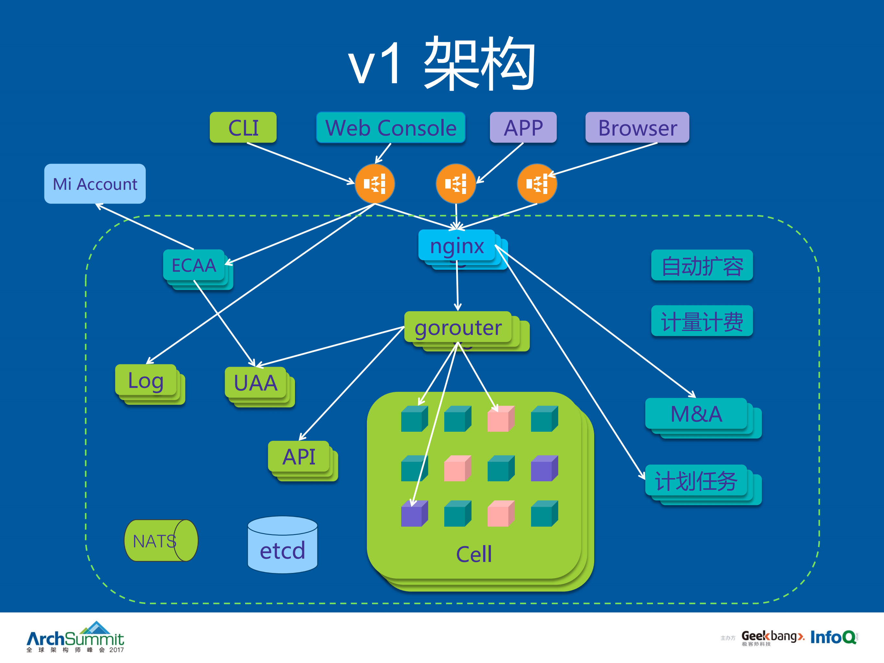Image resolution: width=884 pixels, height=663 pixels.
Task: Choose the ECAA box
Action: tap(194, 265)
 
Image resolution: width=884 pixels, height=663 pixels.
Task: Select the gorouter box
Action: tap(458, 327)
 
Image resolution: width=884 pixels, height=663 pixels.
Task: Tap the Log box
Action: tap(146, 380)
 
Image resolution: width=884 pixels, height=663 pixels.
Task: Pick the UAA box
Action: tap(255, 383)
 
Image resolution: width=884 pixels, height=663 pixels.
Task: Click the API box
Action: tap(299, 456)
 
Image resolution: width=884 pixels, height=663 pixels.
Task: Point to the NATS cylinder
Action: tap(161, 541)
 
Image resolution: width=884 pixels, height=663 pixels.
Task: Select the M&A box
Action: tap(696, 414)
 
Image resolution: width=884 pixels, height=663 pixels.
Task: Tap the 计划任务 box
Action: tap(696, 480)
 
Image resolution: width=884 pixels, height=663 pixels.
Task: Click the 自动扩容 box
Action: tap(702, 265)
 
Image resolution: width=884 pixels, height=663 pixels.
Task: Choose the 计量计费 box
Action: tap(702, 321)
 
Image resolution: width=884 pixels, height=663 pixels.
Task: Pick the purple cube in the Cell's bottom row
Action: tap(414, 514)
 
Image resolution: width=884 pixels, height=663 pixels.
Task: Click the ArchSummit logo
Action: tap(75, 637)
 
